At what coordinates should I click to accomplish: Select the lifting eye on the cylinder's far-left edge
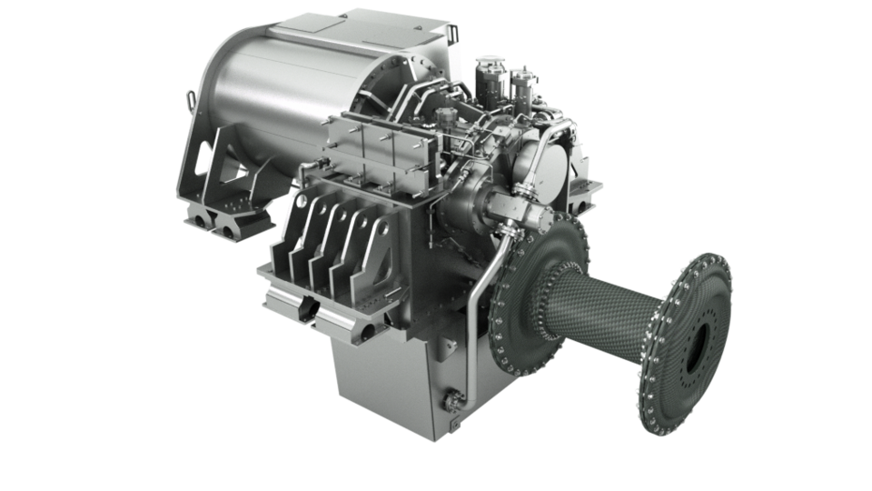[188, 95]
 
